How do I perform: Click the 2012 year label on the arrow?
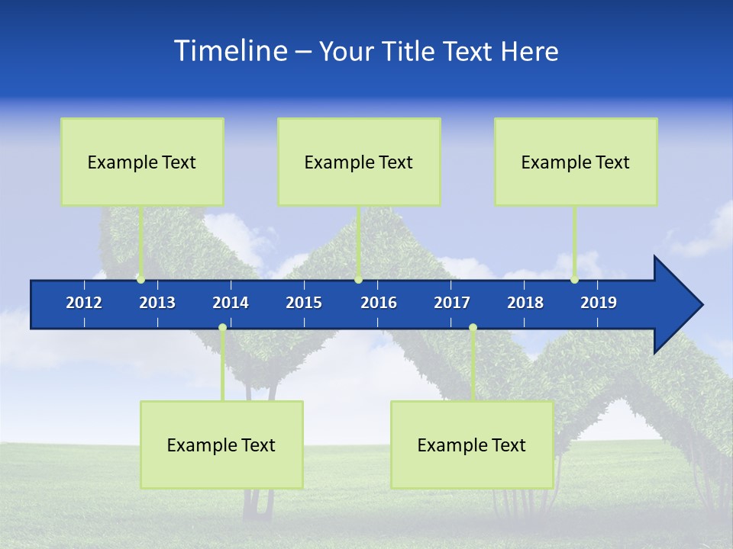tap(84, 303)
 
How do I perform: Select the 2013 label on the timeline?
tap(157, 303)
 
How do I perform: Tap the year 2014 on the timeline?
tap(231, 303)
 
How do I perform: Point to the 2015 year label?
tap(304, 303)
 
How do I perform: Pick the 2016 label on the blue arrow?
tap(379, 303)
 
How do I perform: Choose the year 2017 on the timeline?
tap(452, 303)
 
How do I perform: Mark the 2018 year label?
tap(525, 303)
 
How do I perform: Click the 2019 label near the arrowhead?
tap(599, 303)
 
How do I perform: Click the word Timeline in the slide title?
tap(231, 51)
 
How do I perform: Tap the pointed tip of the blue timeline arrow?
tap(700, 305)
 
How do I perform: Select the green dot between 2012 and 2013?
tap(140, 280)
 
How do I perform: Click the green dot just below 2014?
tap(222, 328)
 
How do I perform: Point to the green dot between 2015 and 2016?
tap(358, 280)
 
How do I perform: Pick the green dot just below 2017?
tap(473, 328)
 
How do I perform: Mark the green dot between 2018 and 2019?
tap(575, 280)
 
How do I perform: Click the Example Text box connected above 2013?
tap(142, 162)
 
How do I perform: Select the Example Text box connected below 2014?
tap(221, 445)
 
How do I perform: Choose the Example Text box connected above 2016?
tap(359, 162)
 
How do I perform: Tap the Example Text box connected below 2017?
tap(472, 445)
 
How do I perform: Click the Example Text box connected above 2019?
tap(576, 162)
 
